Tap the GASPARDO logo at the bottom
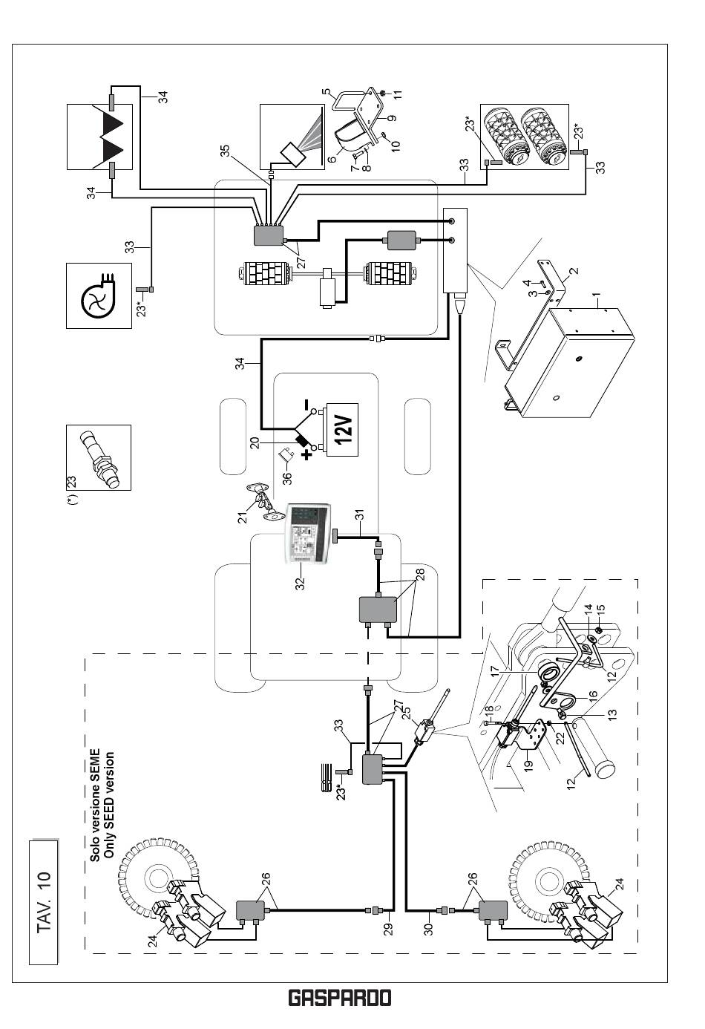point(339,999)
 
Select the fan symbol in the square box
point(98,295)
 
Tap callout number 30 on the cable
point(428,928)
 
